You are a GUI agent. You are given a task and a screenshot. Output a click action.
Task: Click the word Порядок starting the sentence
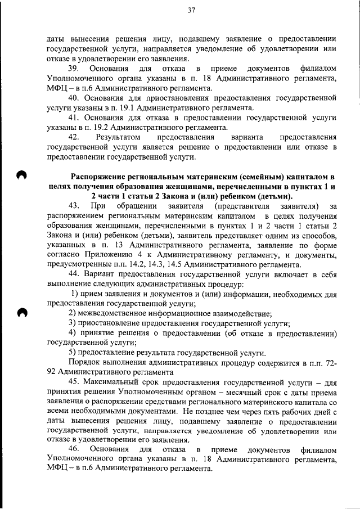[x=85, y=363]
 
